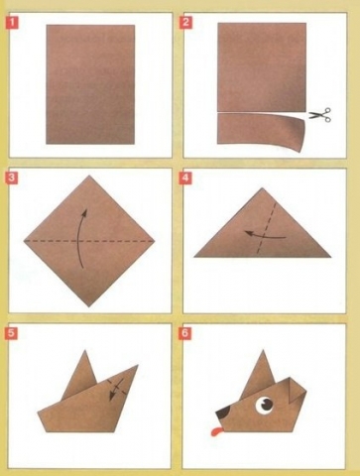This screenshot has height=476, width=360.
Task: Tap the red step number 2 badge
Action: tap(184, 23)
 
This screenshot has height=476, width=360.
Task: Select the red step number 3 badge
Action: tap(12, 178)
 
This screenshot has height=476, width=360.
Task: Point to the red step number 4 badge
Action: tap(184, 178)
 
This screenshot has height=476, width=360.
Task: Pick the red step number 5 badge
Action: tap(11, 333)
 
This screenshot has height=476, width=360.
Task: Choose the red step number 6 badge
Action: tap(184, 333)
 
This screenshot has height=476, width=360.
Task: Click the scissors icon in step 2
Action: tap(320, 115)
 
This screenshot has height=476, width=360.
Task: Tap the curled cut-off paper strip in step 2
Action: tap(260, 131)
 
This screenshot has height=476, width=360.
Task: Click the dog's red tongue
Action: tap(216, 431)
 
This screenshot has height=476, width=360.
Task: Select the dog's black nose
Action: tap(223, 413)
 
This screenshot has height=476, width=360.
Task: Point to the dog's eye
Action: tap(265, 405)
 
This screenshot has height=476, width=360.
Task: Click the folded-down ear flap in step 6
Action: tap(297, 391)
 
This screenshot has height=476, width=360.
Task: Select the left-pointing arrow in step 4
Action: tap(265, 235)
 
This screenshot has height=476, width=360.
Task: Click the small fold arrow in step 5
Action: tap(116, 390)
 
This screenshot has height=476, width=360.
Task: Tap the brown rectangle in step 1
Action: tap(90, 84)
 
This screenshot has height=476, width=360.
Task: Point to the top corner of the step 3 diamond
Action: tap(88, 176)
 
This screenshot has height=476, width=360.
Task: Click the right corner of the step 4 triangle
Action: tap(330, 257)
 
